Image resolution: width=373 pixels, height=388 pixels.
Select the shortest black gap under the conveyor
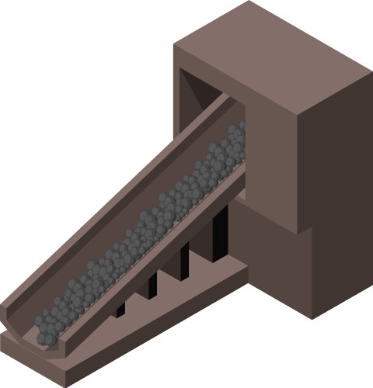[120, 309]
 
